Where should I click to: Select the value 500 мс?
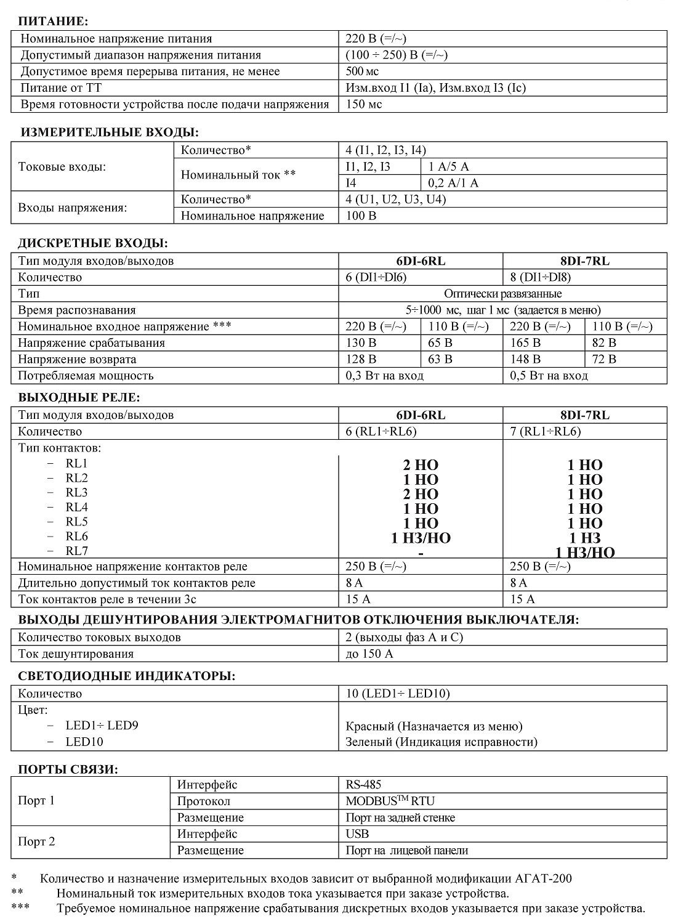click(363, 71)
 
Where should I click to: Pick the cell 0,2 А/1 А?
click(453, 183)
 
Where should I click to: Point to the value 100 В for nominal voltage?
click(361, 216)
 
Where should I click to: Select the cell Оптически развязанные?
click(502, 294)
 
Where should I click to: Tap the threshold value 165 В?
click(525, 343)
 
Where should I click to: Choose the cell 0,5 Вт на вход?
click(549, 376)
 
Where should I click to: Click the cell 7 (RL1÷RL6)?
click(545, 431)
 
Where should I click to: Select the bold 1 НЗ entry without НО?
click(584, 538)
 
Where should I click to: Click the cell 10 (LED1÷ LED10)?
click(398, 694)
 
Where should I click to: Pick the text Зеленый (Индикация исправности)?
click(441, 742)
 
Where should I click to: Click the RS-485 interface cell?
click(363, 785)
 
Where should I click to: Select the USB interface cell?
click(357, 834)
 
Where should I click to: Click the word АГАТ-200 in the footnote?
click(542, 878)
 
